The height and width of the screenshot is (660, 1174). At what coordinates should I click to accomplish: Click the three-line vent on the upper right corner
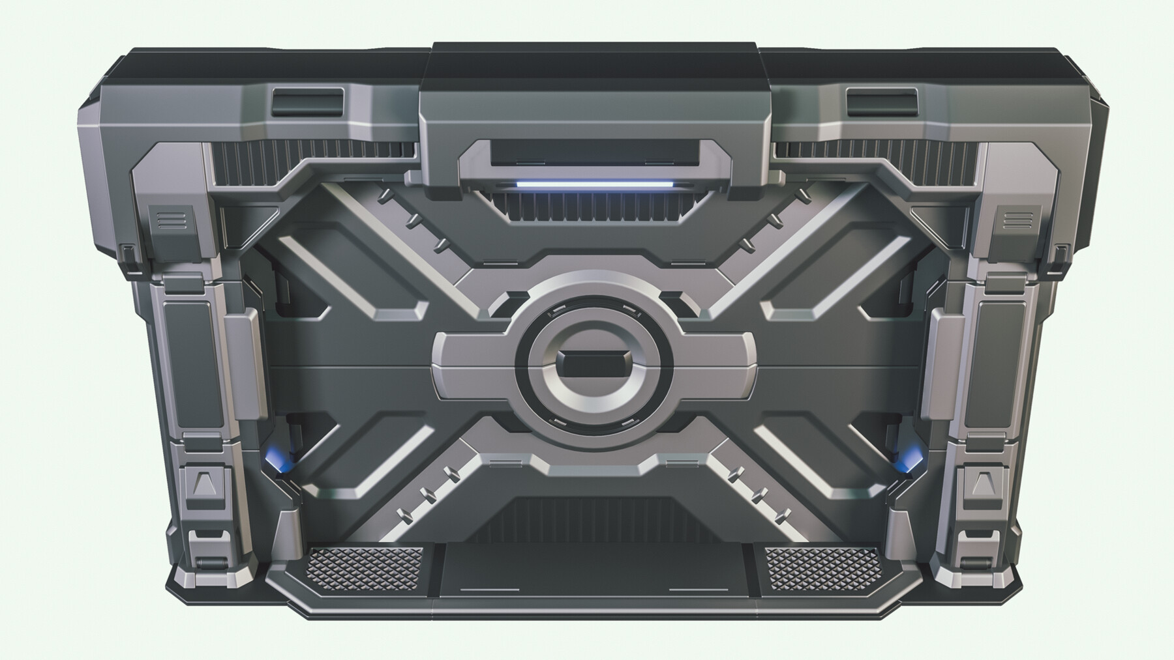(x=1012, y=220)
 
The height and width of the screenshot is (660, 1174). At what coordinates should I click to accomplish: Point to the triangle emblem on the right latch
(x=982, y=483)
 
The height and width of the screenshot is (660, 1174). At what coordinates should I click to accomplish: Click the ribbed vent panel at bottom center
(x=592, y=518)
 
